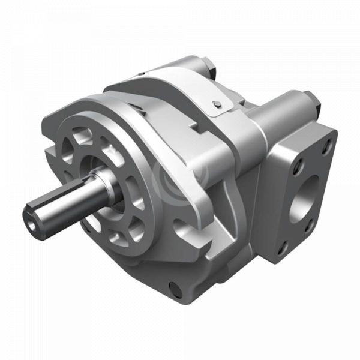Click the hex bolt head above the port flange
pos(310,100)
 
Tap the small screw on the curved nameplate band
pos(217,106)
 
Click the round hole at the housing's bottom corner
pos(176,290)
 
